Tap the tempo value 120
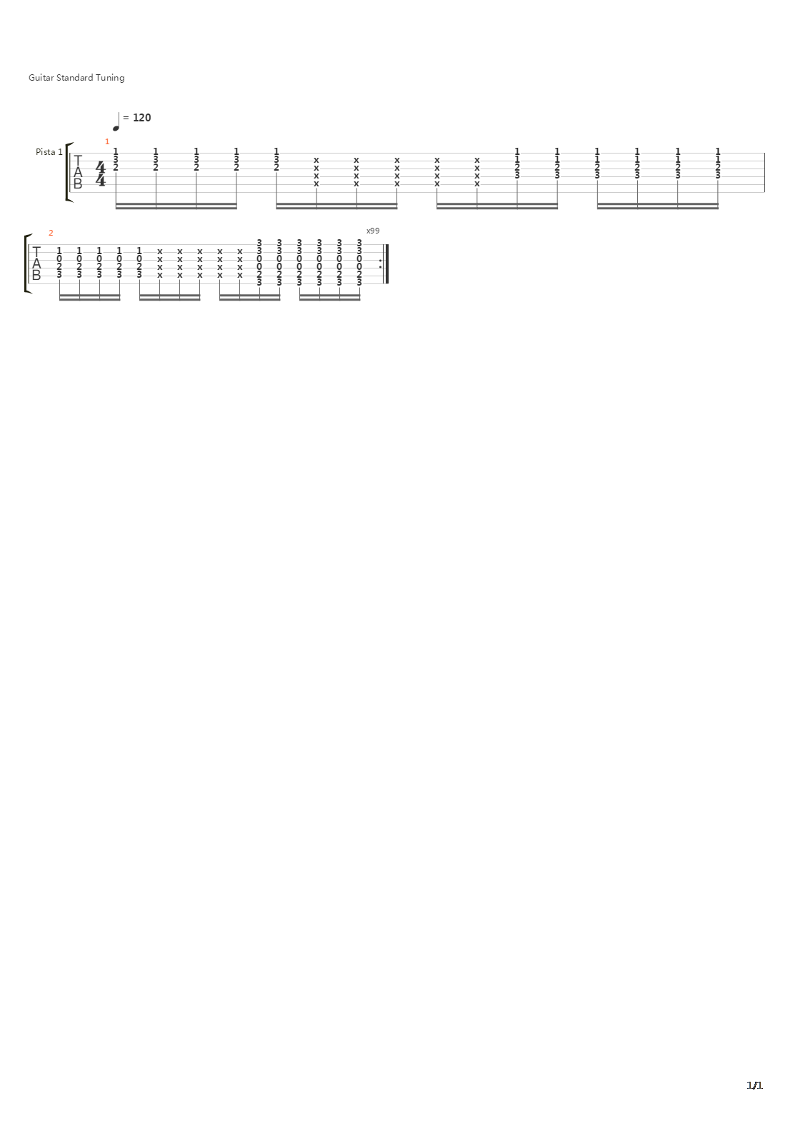141,118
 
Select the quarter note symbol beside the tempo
116,122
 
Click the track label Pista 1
49,152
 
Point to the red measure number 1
107,141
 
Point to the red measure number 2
51,233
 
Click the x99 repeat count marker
373,231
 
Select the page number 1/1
754,1085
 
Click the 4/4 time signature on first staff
101,173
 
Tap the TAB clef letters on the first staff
78,172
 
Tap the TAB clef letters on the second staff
36,263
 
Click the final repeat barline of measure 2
386,263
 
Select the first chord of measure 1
116,159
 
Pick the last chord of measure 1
718,163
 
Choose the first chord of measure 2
59,262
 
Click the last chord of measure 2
360,262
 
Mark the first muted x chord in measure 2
160,262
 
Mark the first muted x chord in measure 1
316,171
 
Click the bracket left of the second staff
26,263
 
